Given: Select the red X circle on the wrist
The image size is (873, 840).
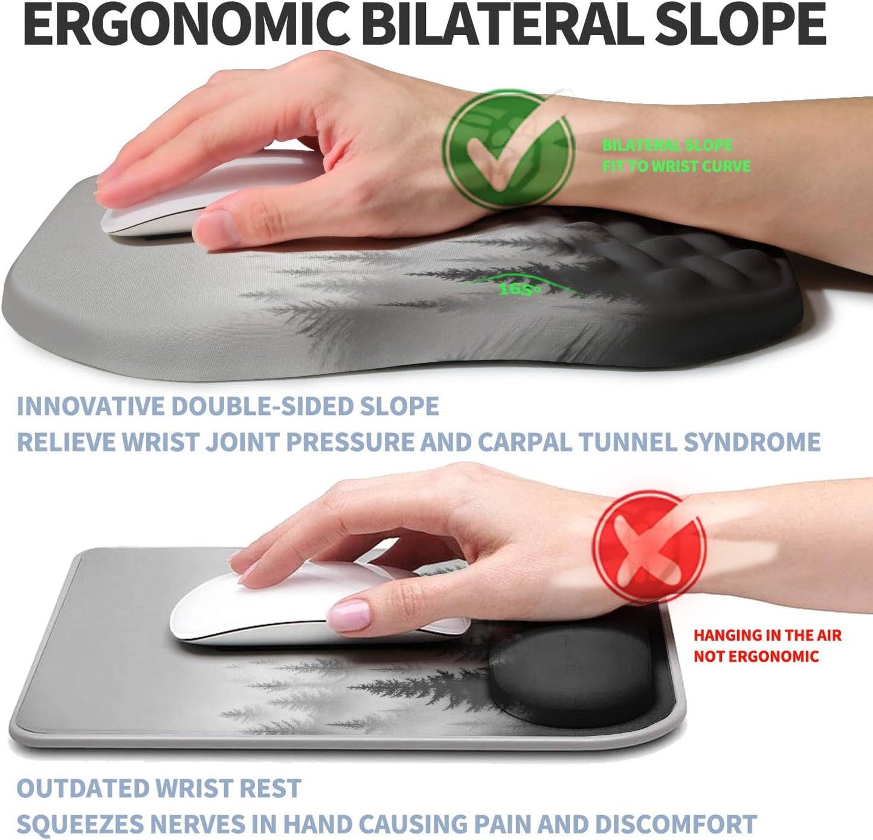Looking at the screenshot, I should [x=648, y=547].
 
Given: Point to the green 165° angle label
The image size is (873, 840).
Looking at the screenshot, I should [x=520, y=290].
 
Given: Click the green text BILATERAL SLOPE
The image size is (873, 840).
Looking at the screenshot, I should [x=667, y=145].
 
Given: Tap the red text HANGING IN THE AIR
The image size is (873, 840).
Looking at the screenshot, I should [x=767, y=636].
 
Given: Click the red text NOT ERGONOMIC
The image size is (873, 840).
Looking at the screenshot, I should [x=756, y=657].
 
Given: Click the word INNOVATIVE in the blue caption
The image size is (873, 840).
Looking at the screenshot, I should [x=91, y=406].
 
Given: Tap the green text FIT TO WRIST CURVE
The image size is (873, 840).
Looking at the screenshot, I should [x=676, y=166].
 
